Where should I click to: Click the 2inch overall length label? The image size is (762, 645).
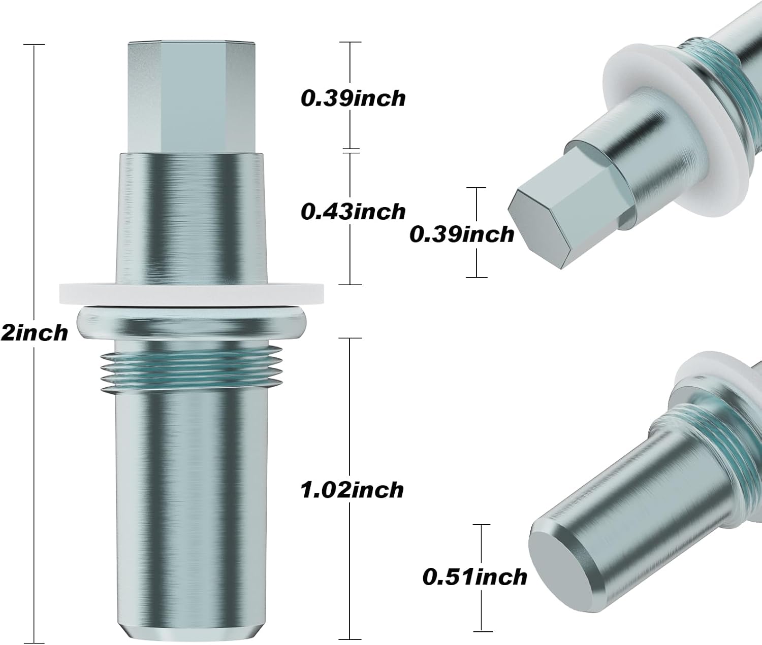click(x=34, y=333)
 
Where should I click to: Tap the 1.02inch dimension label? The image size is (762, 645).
click(x=352, y=490)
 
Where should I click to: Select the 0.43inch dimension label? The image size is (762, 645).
click(x=353, y=211)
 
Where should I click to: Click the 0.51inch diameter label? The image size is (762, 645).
click(x=474, y=578)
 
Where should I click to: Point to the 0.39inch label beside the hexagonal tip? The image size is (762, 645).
click(x=461, y=234)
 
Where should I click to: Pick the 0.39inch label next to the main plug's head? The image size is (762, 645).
click(x=353, y=97)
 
